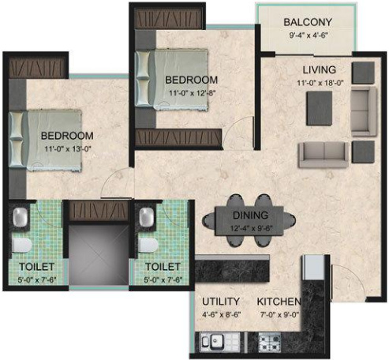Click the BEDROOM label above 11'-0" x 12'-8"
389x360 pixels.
(x=191, y=81)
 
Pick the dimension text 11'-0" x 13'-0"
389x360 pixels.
(x=68, y=148)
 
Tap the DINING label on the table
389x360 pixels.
(x=250, y=215)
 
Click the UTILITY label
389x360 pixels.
(x=220, y=302)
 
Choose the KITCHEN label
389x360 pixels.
(x=279, y=302)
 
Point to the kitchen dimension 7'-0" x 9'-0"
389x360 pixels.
(x=279, y=314)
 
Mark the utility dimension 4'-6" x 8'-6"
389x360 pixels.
(x=220, y=314)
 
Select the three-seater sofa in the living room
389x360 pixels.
(x=321, y=152)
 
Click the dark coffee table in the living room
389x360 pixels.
(x=320, y=103)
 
